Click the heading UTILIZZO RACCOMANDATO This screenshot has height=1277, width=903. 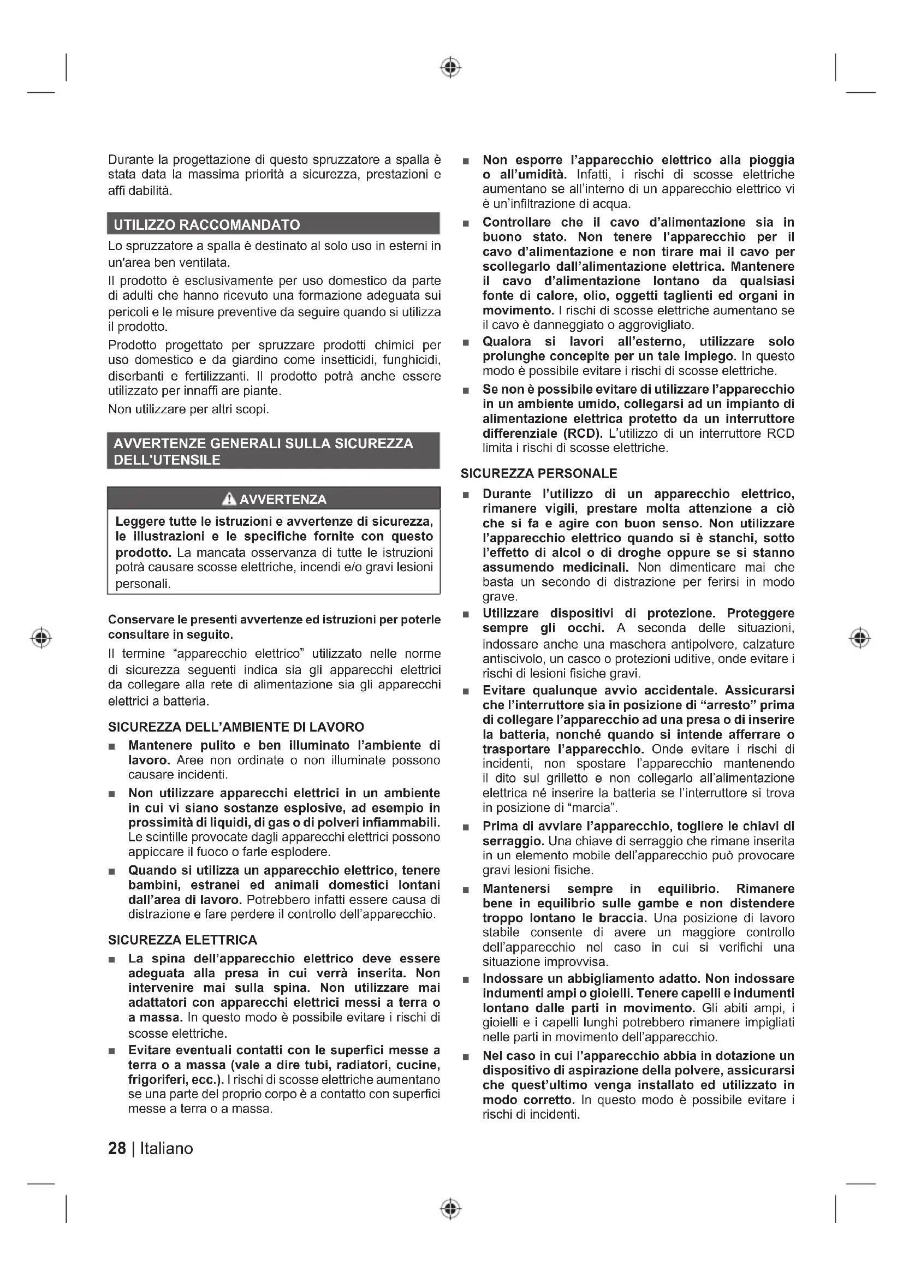tap(206, 225)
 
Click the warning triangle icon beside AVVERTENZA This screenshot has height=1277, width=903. tap(229, 499)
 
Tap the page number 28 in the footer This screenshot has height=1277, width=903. tap(117, 1149)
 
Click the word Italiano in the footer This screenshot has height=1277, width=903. tap(167, 1149)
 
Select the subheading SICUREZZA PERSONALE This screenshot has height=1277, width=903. tap(538, 473)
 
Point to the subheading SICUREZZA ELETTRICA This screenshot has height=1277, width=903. tap(182, 940)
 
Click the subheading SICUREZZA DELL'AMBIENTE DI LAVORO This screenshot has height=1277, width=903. tap(236, 727)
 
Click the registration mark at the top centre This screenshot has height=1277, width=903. tap(451, 67)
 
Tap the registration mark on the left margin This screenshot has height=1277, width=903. tap(41, 637)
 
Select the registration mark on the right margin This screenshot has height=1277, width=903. tap(860, 637)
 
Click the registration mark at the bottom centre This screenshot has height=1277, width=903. tap(451, 1209)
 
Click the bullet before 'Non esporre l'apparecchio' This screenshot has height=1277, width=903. tap(466, 161)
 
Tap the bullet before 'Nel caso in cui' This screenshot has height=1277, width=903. tap(466, 1057)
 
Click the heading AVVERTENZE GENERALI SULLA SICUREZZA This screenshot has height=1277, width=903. tap(263, 443)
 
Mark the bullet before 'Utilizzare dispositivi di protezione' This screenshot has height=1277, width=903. tap(466, 615)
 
